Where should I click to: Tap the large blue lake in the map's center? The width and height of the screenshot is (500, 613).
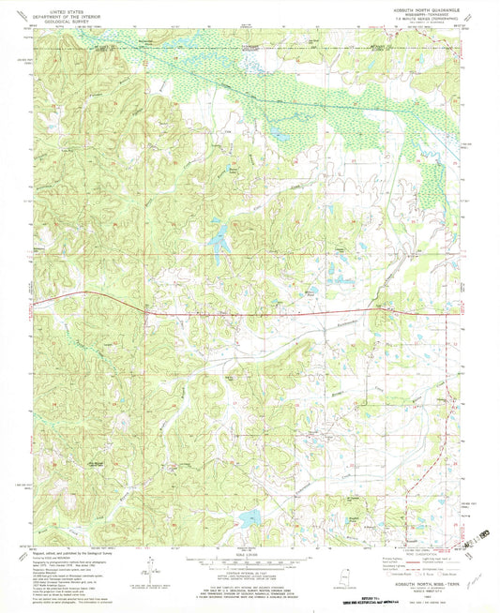(x=220, y=244)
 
